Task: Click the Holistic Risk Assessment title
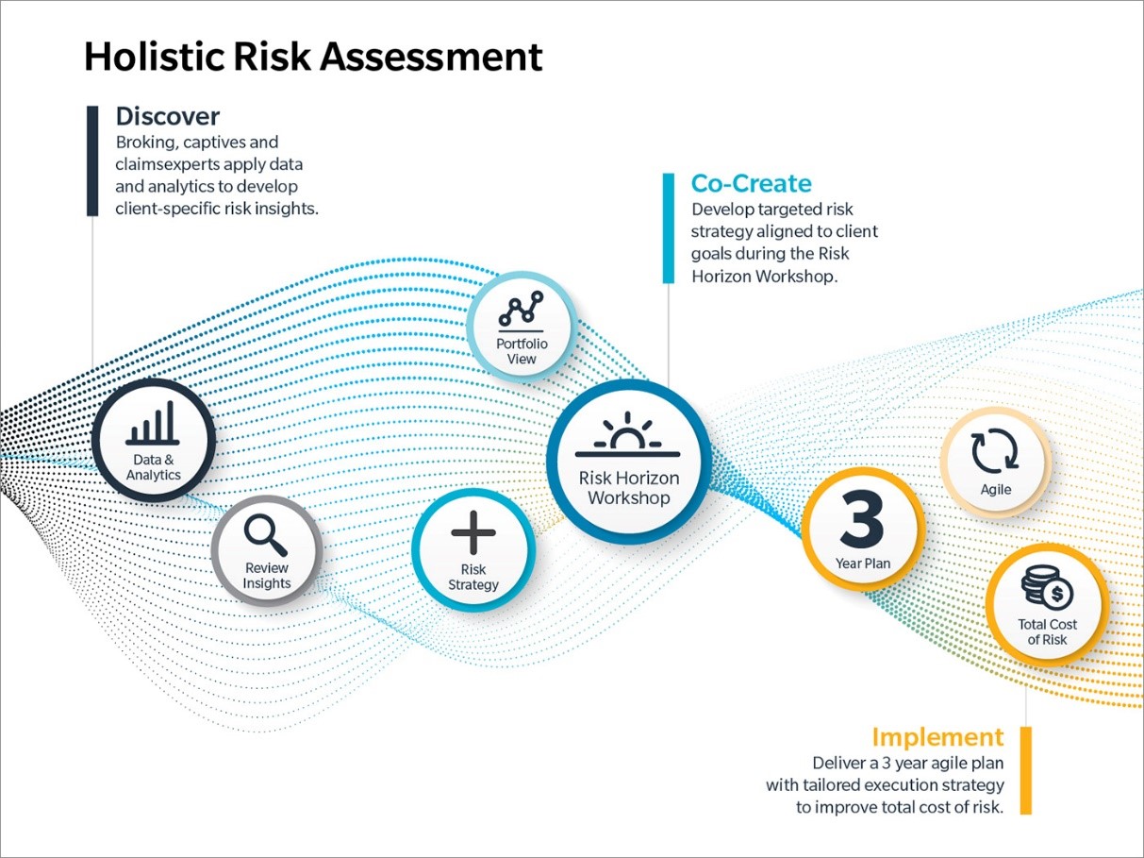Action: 313,58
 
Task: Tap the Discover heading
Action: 167,116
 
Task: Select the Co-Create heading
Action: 751,182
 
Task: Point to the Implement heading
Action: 937,737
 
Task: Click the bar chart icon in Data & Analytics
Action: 153,423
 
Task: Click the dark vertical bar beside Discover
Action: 92,160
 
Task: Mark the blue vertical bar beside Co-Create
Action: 669,227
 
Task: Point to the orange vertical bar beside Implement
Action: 1026,769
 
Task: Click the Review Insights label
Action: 266,576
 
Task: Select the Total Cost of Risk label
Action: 1047,631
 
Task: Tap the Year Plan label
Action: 862,564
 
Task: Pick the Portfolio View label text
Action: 522,351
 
